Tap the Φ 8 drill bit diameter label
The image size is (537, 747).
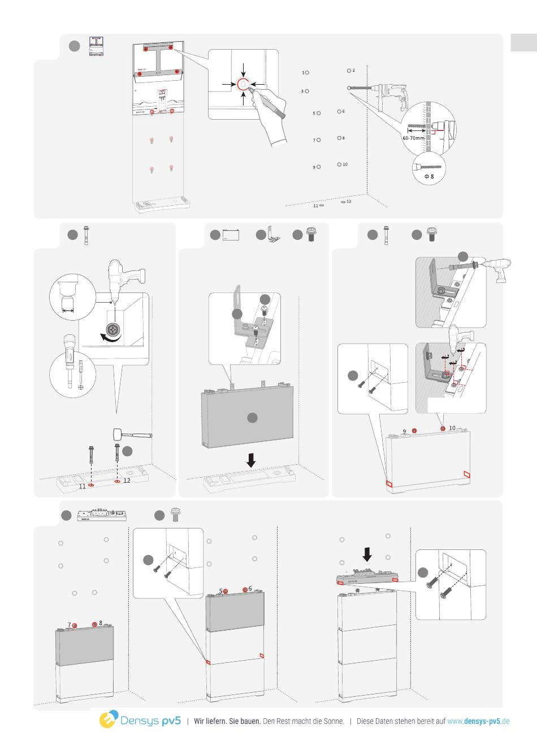pos(429,177)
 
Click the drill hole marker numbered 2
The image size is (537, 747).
pos(349,71)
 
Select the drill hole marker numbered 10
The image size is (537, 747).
pos(339,164)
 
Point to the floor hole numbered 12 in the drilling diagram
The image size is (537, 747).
pos(343,201)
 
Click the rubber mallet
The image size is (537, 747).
pos(132,435)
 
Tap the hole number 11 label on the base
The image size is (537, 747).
pos(82,486)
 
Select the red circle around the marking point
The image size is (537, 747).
pos(242,85)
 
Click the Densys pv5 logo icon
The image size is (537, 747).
pos(108,720)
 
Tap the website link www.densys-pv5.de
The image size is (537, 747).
pos(478,721)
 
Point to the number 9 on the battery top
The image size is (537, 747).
pos(405,431)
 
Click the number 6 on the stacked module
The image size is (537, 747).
pos(250,588)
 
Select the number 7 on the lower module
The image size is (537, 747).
pos(69,625)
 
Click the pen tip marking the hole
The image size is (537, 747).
pos(252,91)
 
